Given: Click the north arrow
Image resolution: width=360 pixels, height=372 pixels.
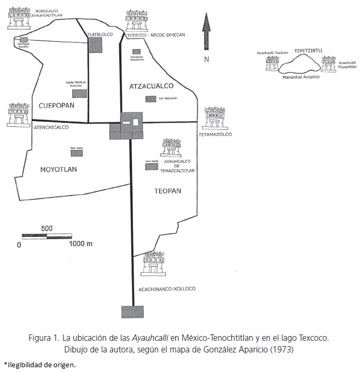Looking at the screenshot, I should pos(206,33).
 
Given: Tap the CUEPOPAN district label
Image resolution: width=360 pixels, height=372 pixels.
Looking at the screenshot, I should pos(56,106).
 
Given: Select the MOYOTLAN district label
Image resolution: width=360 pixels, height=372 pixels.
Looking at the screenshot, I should pos(59,170).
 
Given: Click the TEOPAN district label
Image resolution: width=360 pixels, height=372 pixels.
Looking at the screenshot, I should pos(168,190).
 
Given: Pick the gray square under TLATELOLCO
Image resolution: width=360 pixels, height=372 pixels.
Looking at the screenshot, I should pos(95,45).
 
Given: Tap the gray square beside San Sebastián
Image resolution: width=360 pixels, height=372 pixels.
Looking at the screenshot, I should pos(151,99).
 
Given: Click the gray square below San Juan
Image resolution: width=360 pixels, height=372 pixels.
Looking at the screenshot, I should pos(77,153).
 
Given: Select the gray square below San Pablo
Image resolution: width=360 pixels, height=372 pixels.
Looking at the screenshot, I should pos(151,167).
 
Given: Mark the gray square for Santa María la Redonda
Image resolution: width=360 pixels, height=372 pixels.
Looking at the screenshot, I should pos(79,94).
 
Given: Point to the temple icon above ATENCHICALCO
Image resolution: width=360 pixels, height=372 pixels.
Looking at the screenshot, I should pos(18,115).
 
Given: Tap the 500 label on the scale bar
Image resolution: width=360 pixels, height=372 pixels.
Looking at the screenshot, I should pos(46,228).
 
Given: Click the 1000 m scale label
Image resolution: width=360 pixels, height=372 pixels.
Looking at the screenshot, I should pos(81,244).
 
